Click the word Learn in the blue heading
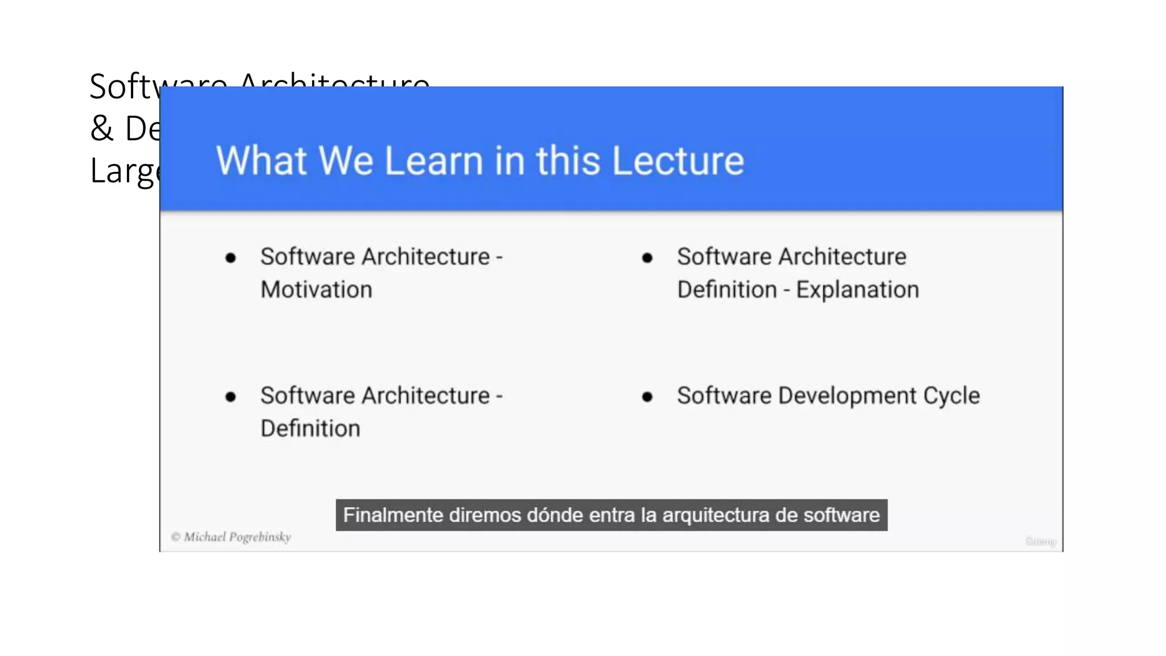434,161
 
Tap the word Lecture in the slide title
678,161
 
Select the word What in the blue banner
261,161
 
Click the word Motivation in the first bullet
317,290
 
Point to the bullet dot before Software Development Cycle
647,397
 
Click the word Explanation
857,290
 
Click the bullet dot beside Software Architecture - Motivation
231,258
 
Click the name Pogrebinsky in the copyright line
260,537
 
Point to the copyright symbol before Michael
175,537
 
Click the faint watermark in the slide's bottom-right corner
1041,542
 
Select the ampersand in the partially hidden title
102,128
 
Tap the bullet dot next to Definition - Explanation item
647,258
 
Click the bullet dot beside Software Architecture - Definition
231,397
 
